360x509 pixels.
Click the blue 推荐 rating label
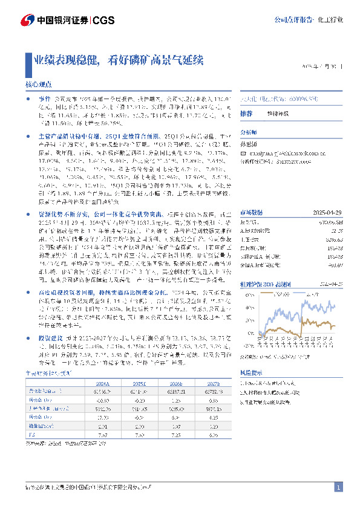point(246,114)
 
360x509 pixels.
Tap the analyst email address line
point(278,154)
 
